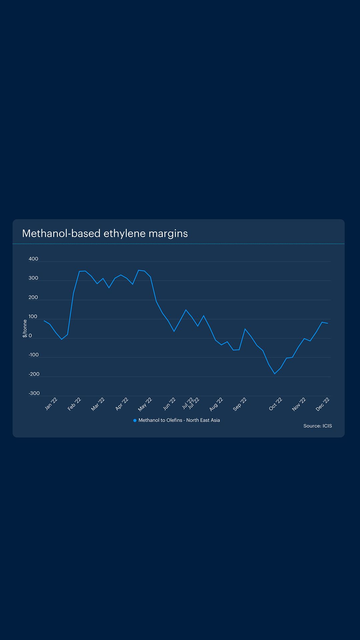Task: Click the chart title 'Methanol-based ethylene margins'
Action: [x=105, y=233]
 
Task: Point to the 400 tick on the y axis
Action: [x=33, y=259]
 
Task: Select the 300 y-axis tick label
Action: [x=33, y=278]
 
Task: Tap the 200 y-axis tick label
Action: [x=33, y=297]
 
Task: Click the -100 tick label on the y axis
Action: [x=34, y=355]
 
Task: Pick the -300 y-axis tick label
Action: [x=34, y=393]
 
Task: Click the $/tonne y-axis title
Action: [x=25, y=328]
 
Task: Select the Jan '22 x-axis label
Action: [x=51, y=404]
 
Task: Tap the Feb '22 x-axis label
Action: [x=74, y=404]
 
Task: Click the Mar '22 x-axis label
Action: [x=98, y=404]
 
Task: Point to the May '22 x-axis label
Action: [x=145, y=404]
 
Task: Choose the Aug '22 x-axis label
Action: [x=216, y=404]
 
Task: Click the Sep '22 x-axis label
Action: [x=240, y=404]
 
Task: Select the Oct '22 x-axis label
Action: [x=276, y=404]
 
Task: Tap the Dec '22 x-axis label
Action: [x=323, y=404]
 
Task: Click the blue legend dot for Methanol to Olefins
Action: [x=135, y=420]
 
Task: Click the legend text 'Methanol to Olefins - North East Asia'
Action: [x=179, y=420]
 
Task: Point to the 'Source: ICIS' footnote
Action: [x=317, y=426]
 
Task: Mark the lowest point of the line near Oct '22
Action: [x=275, y=374]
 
